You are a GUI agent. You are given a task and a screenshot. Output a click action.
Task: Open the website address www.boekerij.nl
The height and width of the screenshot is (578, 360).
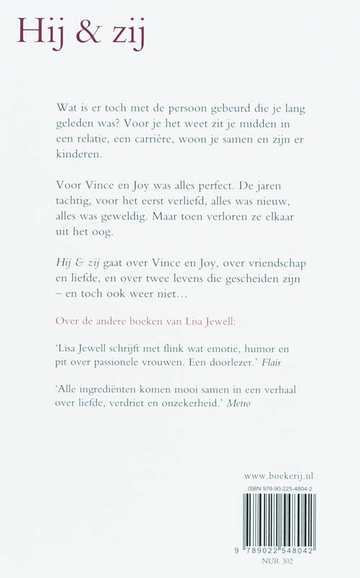[x=283, y=476]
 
